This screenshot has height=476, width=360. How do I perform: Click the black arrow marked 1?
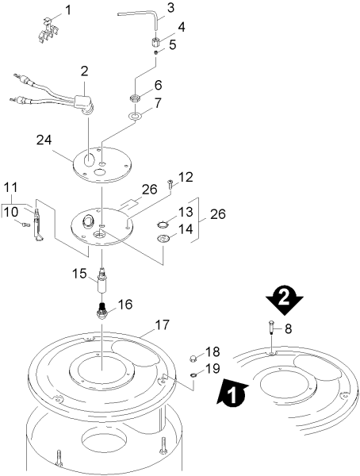232,392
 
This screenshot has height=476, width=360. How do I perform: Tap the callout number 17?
162,325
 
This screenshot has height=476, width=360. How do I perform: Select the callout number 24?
44,140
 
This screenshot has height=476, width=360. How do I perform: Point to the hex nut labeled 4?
155,43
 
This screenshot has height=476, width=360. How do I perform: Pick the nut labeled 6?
135,98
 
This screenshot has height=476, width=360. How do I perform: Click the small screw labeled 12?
170,184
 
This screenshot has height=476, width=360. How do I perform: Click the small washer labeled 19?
193,376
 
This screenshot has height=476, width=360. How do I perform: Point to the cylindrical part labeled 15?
102,280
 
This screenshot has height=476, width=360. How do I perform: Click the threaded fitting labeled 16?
102,311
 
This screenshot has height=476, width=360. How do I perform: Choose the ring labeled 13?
163,225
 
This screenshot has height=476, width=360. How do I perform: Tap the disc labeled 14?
163,240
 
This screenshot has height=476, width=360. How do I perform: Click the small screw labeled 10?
25,225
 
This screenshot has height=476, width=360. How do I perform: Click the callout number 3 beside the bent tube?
171,8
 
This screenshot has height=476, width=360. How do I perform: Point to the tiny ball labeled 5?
155,52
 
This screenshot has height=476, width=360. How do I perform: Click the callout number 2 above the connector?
84,71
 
